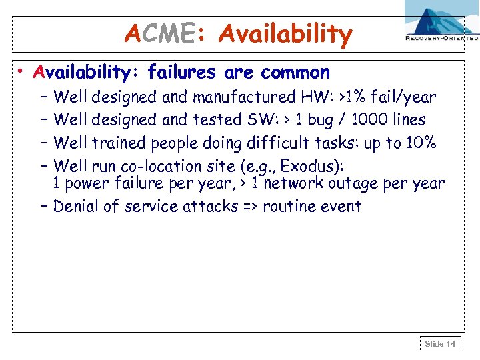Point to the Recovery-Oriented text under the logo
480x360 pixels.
[x=442, y=39]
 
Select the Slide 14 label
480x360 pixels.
[x=440, y=344]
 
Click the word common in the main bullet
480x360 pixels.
[x=295, y=72]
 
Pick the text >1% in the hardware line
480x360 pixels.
[x=355, y=98]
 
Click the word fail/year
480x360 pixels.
[x=406, y=98]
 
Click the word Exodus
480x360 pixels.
[x=313, y=165]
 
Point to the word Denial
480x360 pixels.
[x=75, y=206]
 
